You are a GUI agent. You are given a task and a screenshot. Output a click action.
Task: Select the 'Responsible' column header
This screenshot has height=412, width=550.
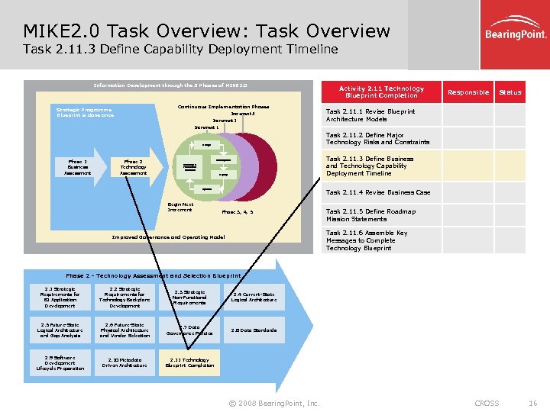coord(468,92)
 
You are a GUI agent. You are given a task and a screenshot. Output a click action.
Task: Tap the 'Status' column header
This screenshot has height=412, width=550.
coord(510,92)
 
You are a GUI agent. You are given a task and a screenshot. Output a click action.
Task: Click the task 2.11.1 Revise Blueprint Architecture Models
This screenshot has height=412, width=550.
coord(371,115)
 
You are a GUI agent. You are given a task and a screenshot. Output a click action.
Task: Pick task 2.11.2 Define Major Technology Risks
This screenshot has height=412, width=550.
coord(378,138)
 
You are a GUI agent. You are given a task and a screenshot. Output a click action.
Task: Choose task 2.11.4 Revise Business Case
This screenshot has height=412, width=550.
coord(378,192)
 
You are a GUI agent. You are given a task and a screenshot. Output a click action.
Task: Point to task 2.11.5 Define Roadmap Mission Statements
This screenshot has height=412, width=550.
coord(371,215)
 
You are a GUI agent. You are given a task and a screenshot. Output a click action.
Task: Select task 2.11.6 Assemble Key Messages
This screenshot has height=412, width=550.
coord(367,240)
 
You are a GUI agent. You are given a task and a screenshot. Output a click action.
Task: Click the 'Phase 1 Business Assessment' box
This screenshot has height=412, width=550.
coord(78,168)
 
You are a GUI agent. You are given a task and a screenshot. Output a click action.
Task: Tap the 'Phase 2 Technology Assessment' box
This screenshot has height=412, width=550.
coord(134,168)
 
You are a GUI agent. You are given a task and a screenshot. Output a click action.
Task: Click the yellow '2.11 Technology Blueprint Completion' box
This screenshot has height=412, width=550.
coord(189,362)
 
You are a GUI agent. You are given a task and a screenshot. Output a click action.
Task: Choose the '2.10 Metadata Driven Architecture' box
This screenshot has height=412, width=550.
coord(125,362)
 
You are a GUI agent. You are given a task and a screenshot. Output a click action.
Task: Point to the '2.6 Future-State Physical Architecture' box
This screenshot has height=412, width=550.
coord(125,330)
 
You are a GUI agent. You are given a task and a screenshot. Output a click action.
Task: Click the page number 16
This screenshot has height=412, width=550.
coord(533,403)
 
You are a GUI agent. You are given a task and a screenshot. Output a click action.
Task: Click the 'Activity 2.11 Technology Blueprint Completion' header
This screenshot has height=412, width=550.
coord(382,92)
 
